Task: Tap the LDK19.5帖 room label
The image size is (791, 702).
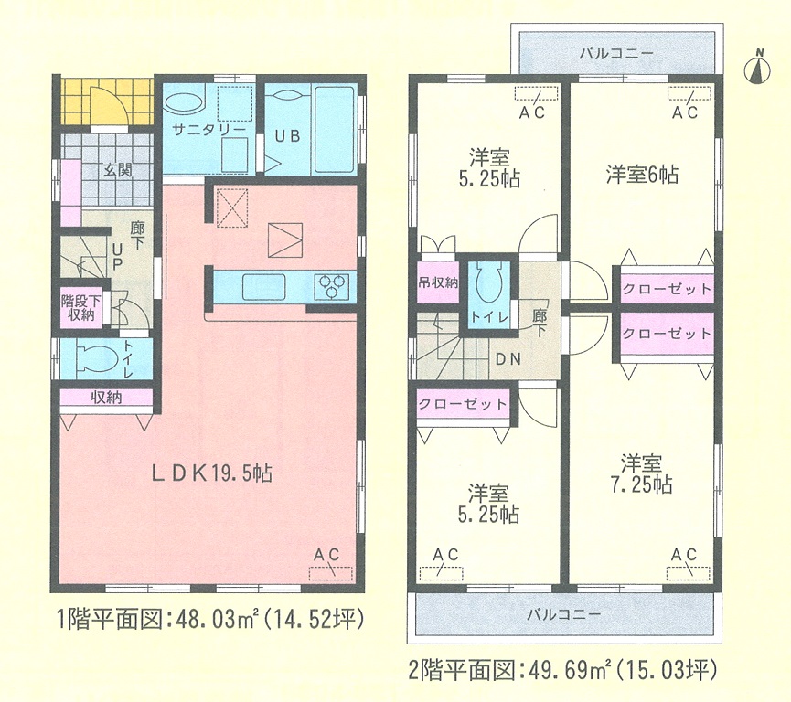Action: click(212, 473)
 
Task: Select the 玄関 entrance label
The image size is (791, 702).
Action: click(118, 170)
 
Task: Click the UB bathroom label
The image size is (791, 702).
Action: click(287, 136)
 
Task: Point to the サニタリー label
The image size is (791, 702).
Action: click(208, 129)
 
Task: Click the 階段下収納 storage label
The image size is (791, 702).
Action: click(80, 308)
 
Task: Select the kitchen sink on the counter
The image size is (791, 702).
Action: click(264, 286)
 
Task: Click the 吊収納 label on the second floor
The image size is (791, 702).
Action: click(438, 283)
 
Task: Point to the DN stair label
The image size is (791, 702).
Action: click(508, 359)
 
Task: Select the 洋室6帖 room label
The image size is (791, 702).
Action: click(642, 175)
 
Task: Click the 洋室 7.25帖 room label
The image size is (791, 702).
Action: click(642, 474)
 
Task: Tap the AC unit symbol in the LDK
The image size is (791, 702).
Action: click(330, 574)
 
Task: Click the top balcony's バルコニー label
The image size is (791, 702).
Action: click(616, 53)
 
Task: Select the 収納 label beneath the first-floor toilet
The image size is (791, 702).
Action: click(106, 398)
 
